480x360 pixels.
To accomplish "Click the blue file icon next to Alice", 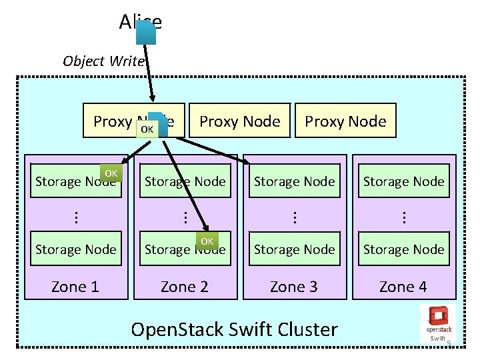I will tap(146, 32).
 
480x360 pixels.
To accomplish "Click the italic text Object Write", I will tap(103, 61).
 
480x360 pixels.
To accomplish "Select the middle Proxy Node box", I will tap(240, 121).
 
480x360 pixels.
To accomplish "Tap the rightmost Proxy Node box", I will tap(345, 121).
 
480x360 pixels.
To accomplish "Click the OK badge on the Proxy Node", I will tap(147, 128).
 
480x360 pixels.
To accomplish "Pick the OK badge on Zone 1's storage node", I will tap(111, 173).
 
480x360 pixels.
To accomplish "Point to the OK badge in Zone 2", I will tap(207, 241).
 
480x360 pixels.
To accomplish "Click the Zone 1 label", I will tap(75, 287).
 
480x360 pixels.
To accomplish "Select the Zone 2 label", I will tap(185, 287).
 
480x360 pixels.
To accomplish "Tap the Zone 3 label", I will tap(293, 287).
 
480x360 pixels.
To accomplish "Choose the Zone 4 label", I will tap(403, 287).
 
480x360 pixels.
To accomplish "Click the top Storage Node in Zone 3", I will tap(294, 181).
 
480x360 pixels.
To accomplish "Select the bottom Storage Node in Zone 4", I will tap(403, 249).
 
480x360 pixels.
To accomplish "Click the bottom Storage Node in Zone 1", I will tap(75, 249).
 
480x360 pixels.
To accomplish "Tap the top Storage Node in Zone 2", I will tap(185, 181).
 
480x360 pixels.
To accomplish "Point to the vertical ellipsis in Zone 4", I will tap(403, 216).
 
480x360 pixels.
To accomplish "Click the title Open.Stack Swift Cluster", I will tap(235, 329).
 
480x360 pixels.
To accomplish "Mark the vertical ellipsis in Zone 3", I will tap(293, 216).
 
